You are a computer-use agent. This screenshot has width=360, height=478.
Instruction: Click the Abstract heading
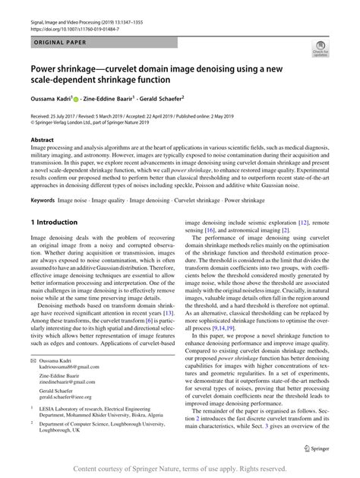coord(42,141)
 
